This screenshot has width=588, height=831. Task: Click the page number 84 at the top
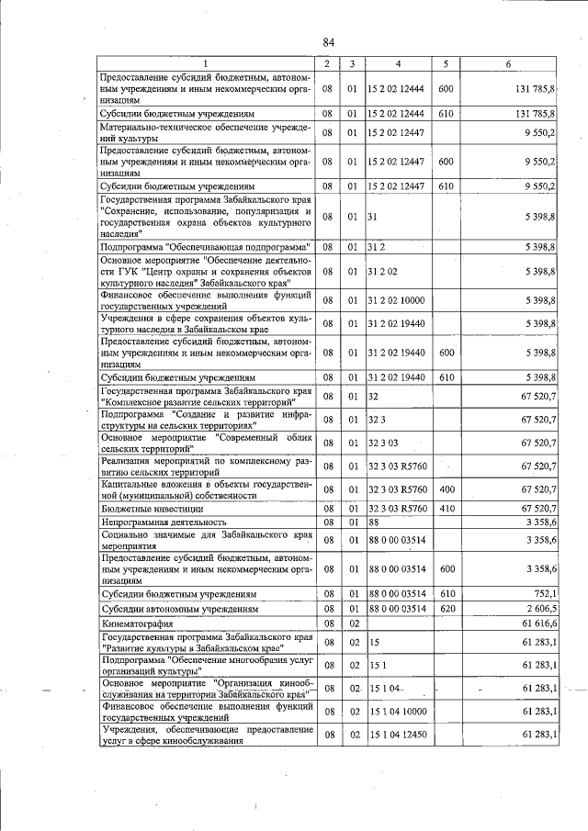click(x=328, y=42)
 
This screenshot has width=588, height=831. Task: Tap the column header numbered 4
click(x=398, y=62)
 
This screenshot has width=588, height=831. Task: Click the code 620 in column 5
click(x=447, y=609)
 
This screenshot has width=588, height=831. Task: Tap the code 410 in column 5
click(x=447, y=507)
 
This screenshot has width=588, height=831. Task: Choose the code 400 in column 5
click(x=447, y=489)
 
